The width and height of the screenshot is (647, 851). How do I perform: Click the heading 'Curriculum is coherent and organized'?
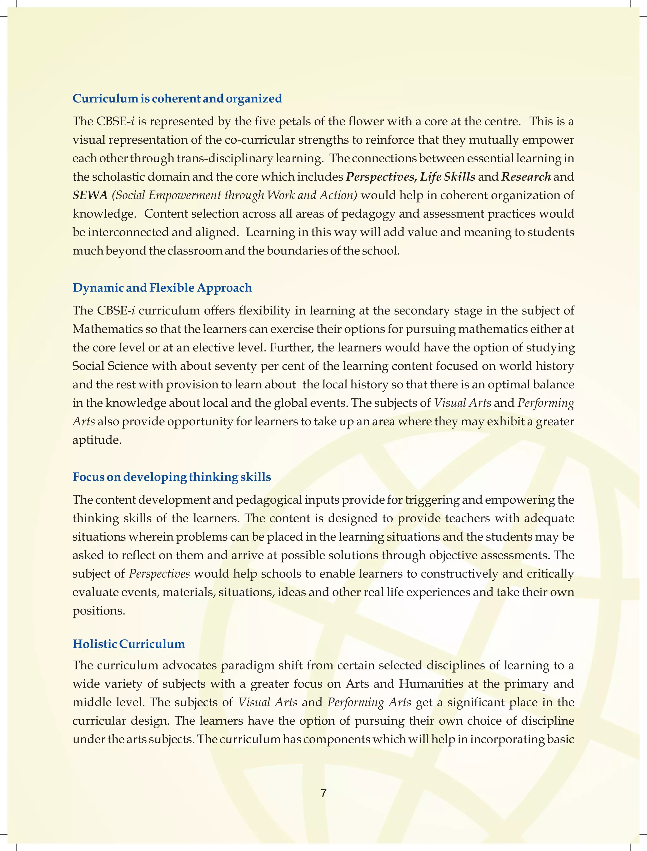click(x=177, y=99)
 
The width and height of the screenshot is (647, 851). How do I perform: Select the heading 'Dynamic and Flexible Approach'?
click(x=162, y=288)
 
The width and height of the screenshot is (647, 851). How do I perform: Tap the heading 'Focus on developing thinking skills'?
click(x=172, y=477)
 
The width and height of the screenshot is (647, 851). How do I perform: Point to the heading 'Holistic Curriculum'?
click(x=129, y=644)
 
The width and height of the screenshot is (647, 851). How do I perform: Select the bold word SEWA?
click(x=90, y=195)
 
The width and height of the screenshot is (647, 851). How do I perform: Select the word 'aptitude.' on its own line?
click(x=97, y=440)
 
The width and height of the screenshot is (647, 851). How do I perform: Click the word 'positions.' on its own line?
click(x=99, y=611)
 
